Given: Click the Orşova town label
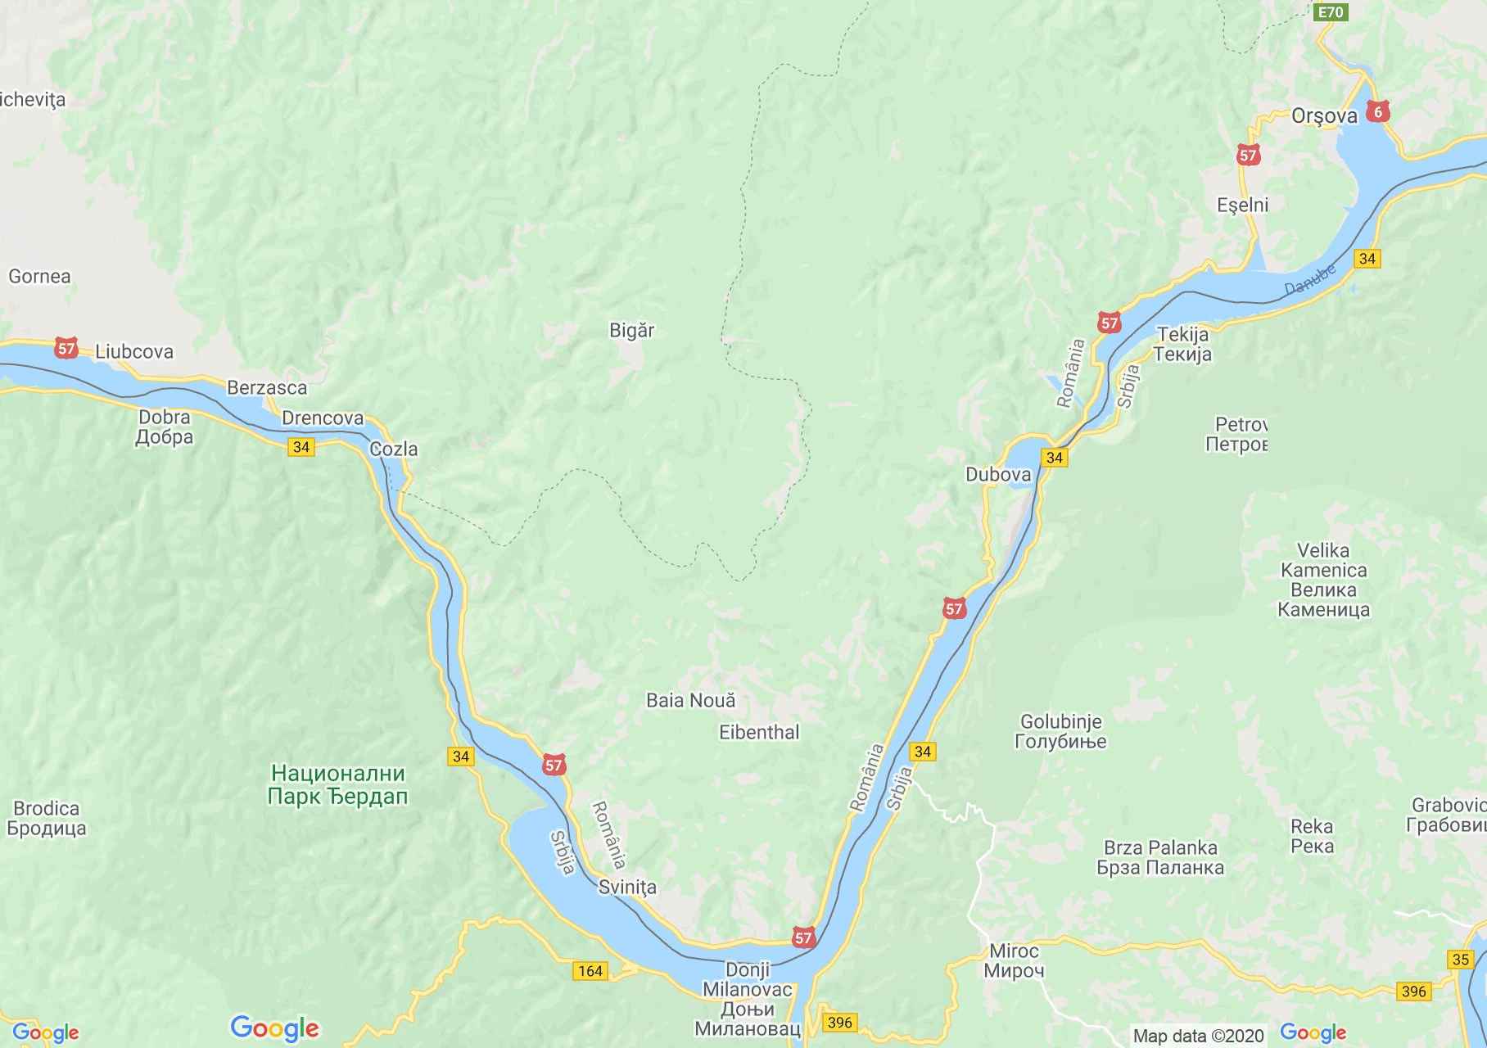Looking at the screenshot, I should tap(1323, 115).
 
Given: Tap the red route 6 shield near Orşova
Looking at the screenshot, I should tap(1379, 111).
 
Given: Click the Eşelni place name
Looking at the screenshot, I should tap(1242, 205).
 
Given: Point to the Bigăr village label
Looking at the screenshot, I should tap(631, 330).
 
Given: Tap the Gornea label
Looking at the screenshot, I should tap(39, 276).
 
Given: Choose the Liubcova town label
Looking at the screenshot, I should tap(134, 351).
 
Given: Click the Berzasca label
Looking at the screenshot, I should tap(267, 387).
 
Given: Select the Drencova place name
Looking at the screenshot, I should tap(322, 418).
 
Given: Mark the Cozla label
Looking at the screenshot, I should tap(393, 449).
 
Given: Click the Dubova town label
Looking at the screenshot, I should tap(997, 474).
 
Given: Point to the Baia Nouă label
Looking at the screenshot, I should tap(690, 700).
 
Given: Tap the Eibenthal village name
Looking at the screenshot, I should tap(759, 732).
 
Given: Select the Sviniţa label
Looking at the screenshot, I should tap(627, 888).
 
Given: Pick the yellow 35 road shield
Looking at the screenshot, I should tap(1459, 959).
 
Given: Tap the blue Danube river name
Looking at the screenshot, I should tap(1309, 278).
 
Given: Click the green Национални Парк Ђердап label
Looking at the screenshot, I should tap(338, 784).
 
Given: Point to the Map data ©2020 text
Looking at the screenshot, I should tap(1198, 1036).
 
